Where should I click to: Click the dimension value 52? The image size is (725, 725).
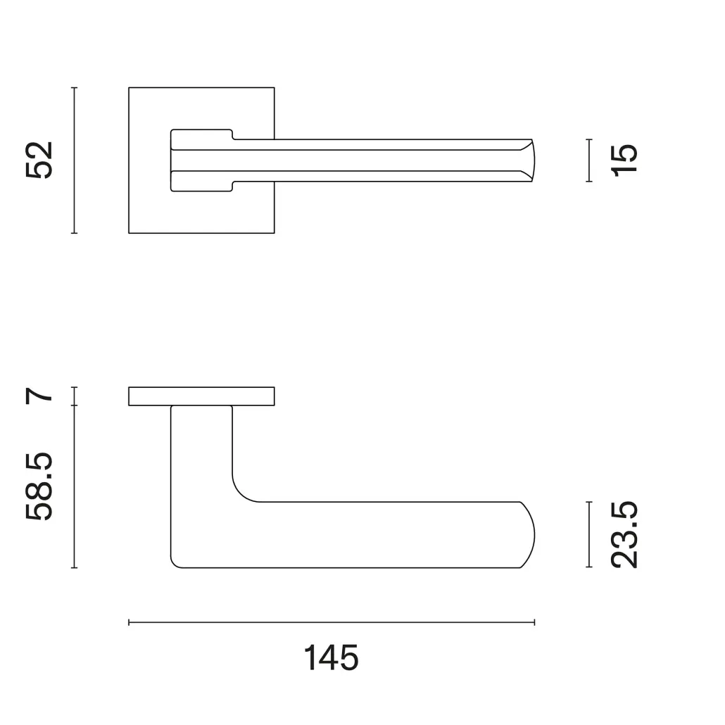pyautogui.click(x=39, y=160)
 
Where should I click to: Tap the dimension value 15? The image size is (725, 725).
pyautogui.click(x=624, y=160)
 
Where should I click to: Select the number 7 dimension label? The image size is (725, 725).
pyautogui.click(x=39, y=396)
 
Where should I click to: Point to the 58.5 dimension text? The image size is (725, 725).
pyautogui.click(x=39, y=487)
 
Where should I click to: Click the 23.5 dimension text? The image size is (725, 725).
pyautogui.click(x=624, y=534)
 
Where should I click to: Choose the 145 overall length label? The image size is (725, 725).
pyautogui.click(x=331, y=657)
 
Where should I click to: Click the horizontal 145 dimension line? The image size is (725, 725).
pyautogui.click(x=332, y=622)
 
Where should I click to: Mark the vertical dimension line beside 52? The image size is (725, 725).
pyautogui.click(x=74, y=160)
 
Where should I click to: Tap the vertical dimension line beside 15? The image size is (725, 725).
pyautogui.click(x=589, y=160)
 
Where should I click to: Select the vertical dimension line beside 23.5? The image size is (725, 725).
pyautogui.click(x=589, y=534)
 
